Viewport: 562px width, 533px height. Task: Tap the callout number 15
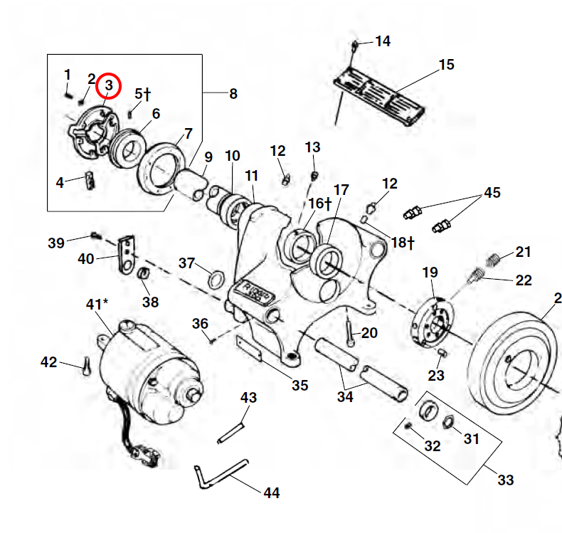446,65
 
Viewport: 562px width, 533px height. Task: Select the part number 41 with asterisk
97,305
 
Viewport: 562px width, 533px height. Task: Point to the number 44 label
271,492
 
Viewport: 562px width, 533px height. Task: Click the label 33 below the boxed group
505,480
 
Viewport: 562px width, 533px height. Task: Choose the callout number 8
233,93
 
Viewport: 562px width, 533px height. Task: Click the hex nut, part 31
449,421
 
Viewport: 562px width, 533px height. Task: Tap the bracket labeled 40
127,253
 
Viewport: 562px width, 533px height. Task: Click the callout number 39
56,243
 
